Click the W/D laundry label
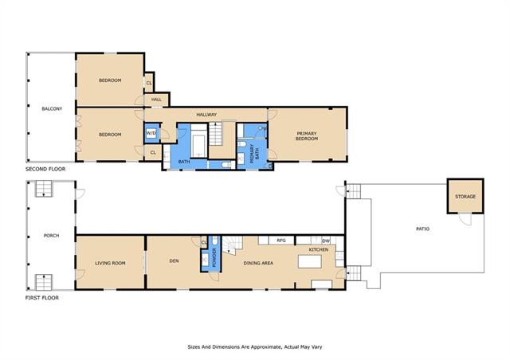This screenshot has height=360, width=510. (151, 133)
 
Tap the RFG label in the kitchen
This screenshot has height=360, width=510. (281, 241)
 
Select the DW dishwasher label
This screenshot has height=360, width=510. (326, 241)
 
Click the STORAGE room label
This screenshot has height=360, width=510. (465, 197)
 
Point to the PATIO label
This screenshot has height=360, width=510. (423, 229)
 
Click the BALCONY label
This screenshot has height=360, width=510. (52, 108)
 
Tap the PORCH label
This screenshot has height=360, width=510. (51, 236)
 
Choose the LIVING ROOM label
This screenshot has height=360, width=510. (110, 263)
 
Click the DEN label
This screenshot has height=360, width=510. (174, 260)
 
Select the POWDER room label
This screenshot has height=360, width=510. (214, 257)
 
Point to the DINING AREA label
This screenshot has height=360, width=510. (258, 263)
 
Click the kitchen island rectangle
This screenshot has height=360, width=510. (310, 261)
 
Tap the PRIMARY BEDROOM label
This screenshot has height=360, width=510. (307, 136)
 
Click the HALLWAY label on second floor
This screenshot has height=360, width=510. (206, 115)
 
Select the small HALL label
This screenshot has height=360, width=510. (156, 100)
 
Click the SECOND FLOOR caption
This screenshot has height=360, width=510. (45, 169)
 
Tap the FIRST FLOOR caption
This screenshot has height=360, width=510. (42, 298)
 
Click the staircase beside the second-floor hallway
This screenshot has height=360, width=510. (215, 133)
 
